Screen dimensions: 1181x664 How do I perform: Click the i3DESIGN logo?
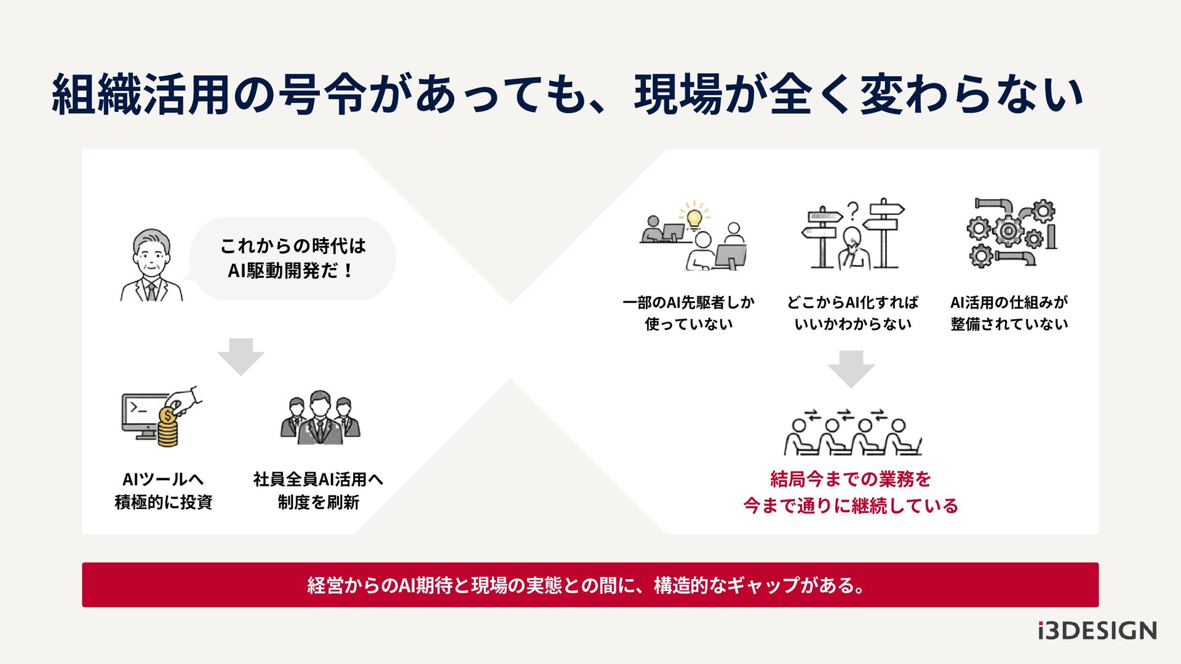coord(1097,631)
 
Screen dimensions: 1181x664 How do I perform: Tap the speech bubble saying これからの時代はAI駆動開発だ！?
coord(293,258)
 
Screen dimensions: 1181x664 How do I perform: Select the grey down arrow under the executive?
coord(241,356)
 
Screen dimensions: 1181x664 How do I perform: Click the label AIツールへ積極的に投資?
coord(163,491)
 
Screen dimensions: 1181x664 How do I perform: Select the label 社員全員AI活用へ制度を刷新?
coord(318,491)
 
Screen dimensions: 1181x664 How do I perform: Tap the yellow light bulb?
coord(694,217)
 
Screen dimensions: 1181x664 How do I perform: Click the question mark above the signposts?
coord(853,210)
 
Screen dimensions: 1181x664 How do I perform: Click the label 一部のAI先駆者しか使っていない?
coord(688,313)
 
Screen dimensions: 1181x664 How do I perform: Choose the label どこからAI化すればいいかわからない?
coord(853,313)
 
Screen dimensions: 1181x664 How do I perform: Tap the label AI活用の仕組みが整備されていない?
coord(1009,313)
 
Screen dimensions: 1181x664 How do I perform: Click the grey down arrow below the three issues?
coord(851,368)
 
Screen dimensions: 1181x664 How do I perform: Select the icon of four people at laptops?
coord(852,432)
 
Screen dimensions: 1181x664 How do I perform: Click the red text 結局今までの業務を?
coord(851,478)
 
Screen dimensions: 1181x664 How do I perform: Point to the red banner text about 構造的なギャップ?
coord(587,585)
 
